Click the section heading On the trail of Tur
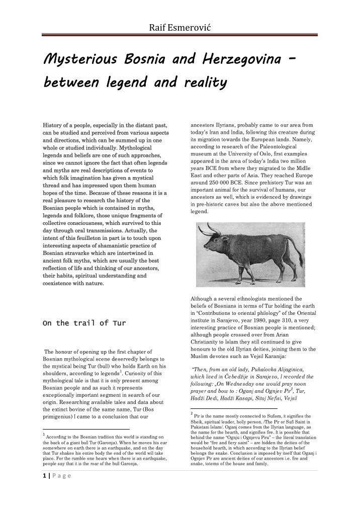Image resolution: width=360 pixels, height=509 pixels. pos(83,323)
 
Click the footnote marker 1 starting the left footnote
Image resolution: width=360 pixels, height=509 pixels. pos(44,434)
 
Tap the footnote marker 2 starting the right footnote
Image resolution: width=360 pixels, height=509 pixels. pos(192,414)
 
